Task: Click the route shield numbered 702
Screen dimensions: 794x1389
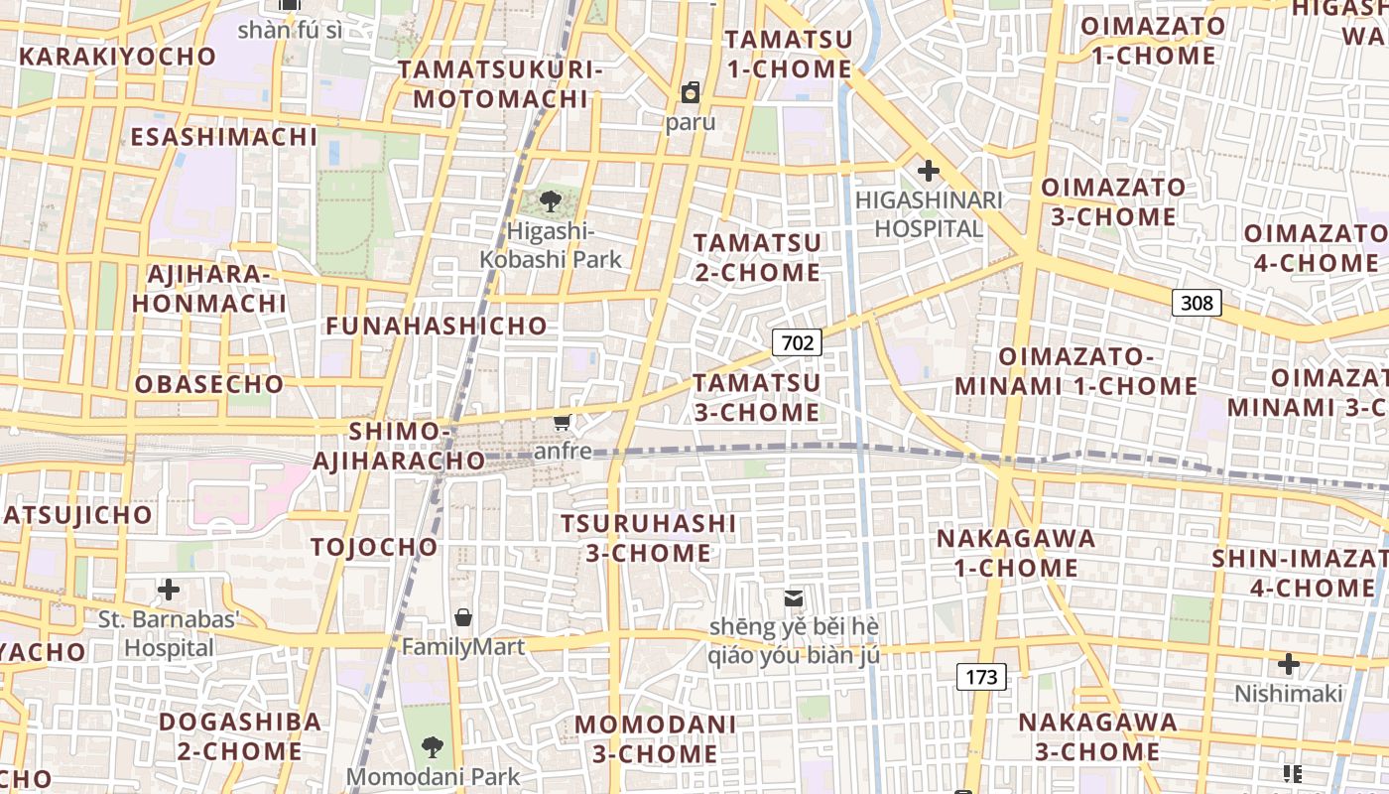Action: coord(797,343)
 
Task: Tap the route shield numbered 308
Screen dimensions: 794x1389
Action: coord(1197,303)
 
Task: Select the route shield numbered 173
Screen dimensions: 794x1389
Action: coord(981,678)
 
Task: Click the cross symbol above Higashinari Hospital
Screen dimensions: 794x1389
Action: coord(928,171)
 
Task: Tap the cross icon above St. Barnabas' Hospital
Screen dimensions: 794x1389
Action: coord(169,590)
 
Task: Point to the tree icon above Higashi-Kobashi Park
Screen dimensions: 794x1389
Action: coord(550,201)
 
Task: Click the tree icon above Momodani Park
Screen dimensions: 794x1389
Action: coord(432,746)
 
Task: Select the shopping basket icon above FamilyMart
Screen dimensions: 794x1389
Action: coord(462,617)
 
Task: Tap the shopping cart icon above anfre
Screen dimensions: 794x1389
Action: coord(563,423)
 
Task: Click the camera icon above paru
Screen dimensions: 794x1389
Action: coord(690,93)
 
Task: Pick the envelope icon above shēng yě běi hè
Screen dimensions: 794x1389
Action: coord(793,597)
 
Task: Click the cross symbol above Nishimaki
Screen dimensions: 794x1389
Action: coord(1288,663)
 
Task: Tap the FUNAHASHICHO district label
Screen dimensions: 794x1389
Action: coord(437,326)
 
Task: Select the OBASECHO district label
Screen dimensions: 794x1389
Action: coord(209,384)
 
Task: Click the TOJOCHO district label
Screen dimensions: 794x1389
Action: coord(374,547)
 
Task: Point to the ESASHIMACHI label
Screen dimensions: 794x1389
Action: coord(224,137)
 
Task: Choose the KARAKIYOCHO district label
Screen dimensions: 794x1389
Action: coord(117,57)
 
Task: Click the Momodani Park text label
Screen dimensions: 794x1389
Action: coord(434,776)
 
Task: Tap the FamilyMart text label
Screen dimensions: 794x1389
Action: coord(462,647)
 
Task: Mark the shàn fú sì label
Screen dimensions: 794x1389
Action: coord(290,30)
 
